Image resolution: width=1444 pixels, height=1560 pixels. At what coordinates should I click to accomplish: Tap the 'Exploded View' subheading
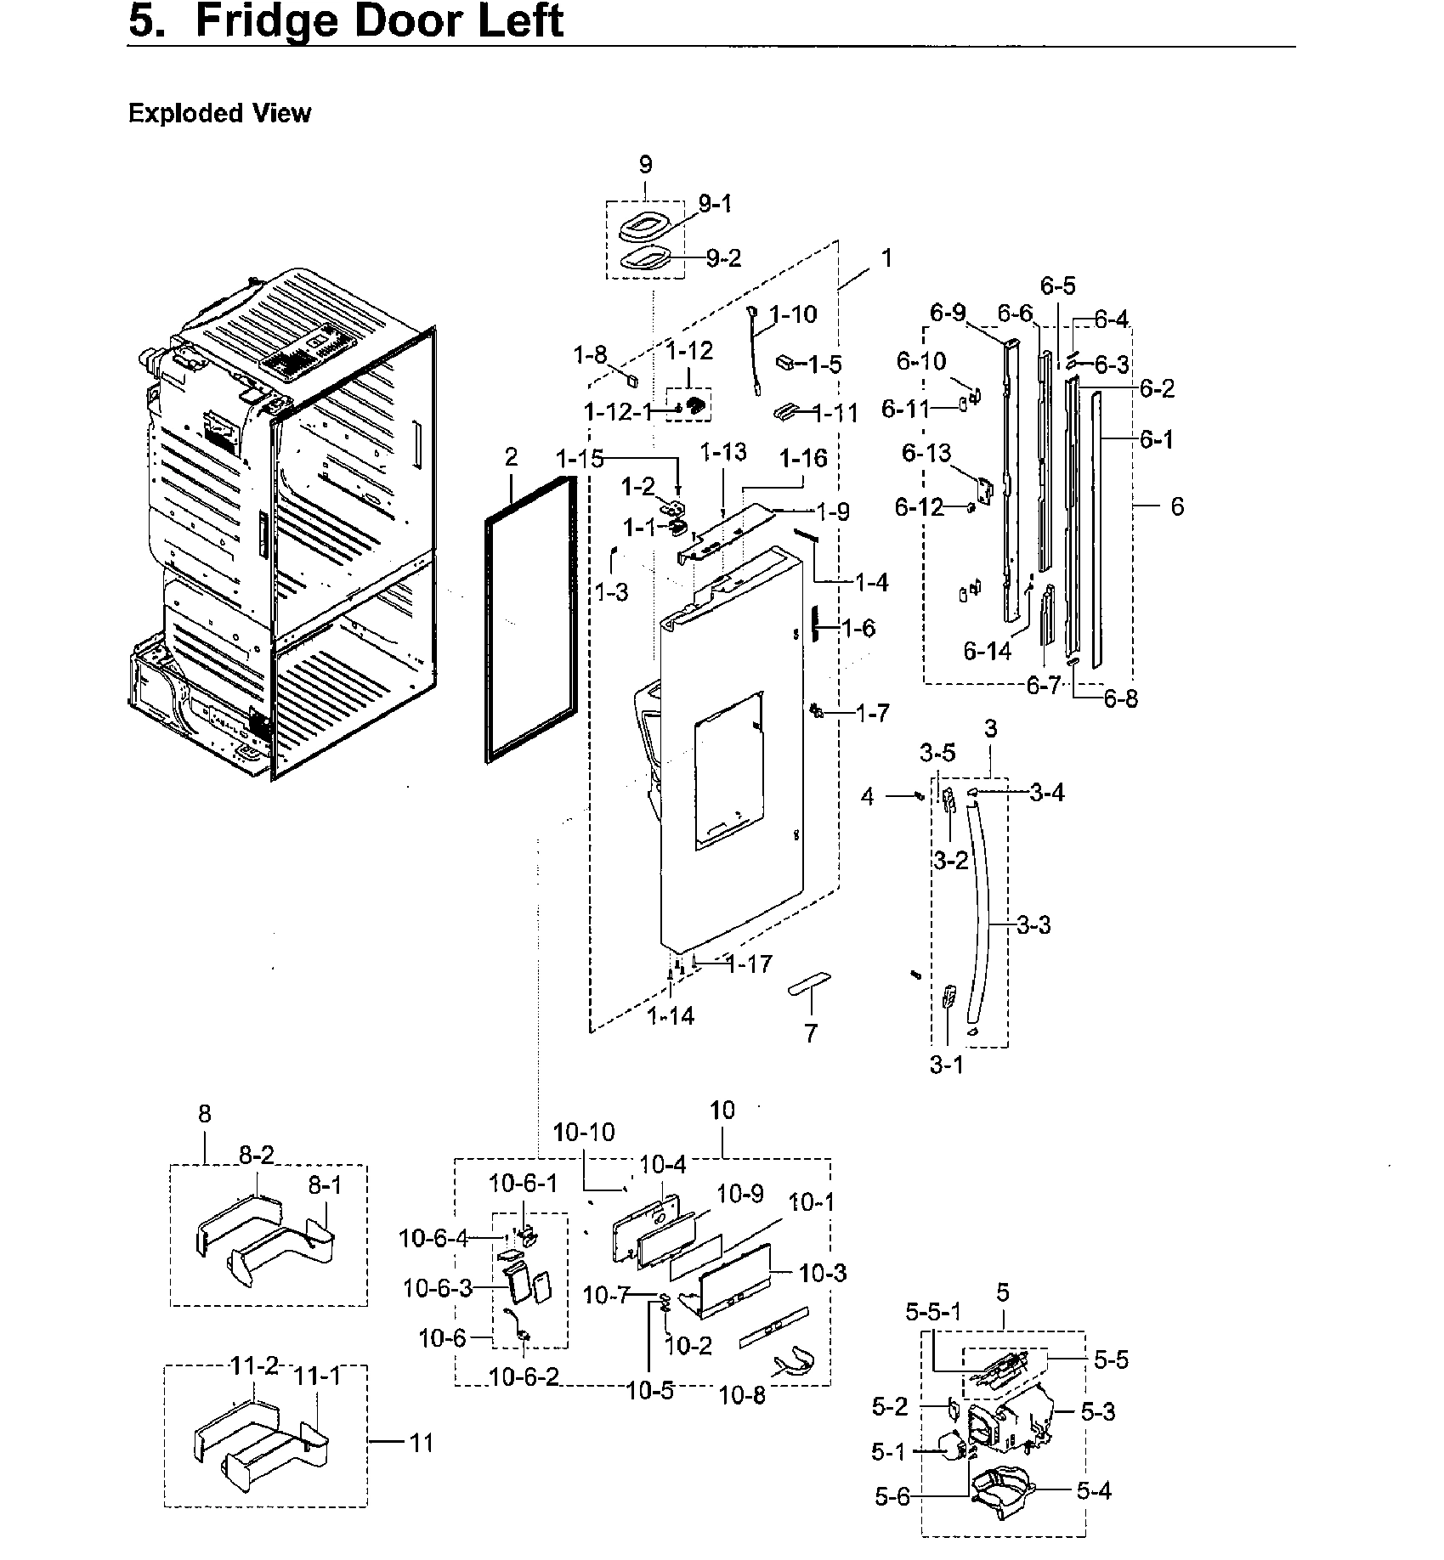point(219,113)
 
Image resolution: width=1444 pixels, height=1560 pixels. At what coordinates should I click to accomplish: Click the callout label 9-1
point(715,204)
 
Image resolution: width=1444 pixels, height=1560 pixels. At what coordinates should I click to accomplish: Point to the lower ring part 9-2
point(644,258)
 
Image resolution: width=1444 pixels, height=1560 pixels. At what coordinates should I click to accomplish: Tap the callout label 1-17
point(749,964)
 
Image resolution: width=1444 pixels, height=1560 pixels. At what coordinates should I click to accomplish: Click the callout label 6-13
point(926,453)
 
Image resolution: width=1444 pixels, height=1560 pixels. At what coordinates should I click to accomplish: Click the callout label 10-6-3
point(437,1288)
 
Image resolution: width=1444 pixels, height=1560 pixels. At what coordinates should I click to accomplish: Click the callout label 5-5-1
point(933,1312)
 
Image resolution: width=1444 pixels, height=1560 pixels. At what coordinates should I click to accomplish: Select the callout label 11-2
point(255,1389)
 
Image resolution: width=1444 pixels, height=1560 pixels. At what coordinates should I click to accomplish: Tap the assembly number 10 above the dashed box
point(722,1110)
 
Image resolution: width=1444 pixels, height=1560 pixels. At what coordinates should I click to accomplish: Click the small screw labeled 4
point(919,796)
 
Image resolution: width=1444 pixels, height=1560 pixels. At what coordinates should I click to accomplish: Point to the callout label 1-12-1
point(618,412)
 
